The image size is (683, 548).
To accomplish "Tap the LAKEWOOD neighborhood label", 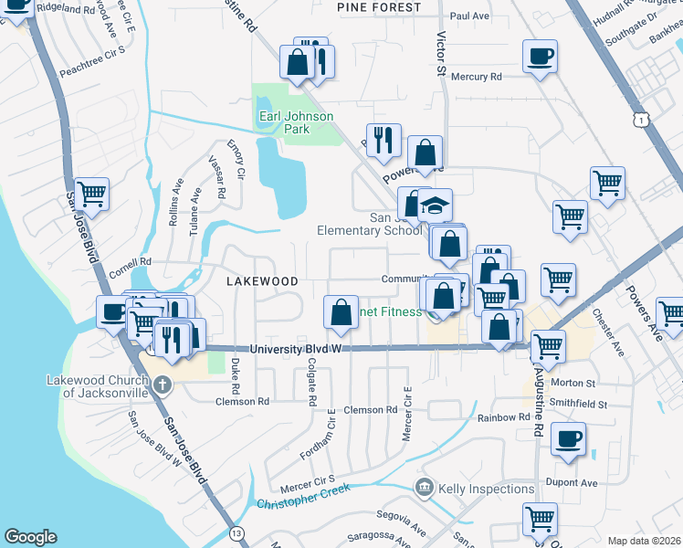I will (x=262, y=281).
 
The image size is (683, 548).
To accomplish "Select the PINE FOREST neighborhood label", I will (x=379, y=7).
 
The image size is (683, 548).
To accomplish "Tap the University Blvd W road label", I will (x=295, y=349).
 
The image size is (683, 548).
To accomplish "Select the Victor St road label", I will (x=441, y=54).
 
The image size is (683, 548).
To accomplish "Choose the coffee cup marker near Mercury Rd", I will (x=540, y=57).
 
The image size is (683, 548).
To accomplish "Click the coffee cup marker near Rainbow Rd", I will (x=567, y=439).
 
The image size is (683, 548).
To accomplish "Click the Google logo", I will (x=30, y=537).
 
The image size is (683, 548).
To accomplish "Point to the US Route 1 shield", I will (x=644, y=120).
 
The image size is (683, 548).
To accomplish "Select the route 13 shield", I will (x=238, y=532).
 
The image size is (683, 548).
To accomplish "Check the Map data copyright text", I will (x=644, y=540).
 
